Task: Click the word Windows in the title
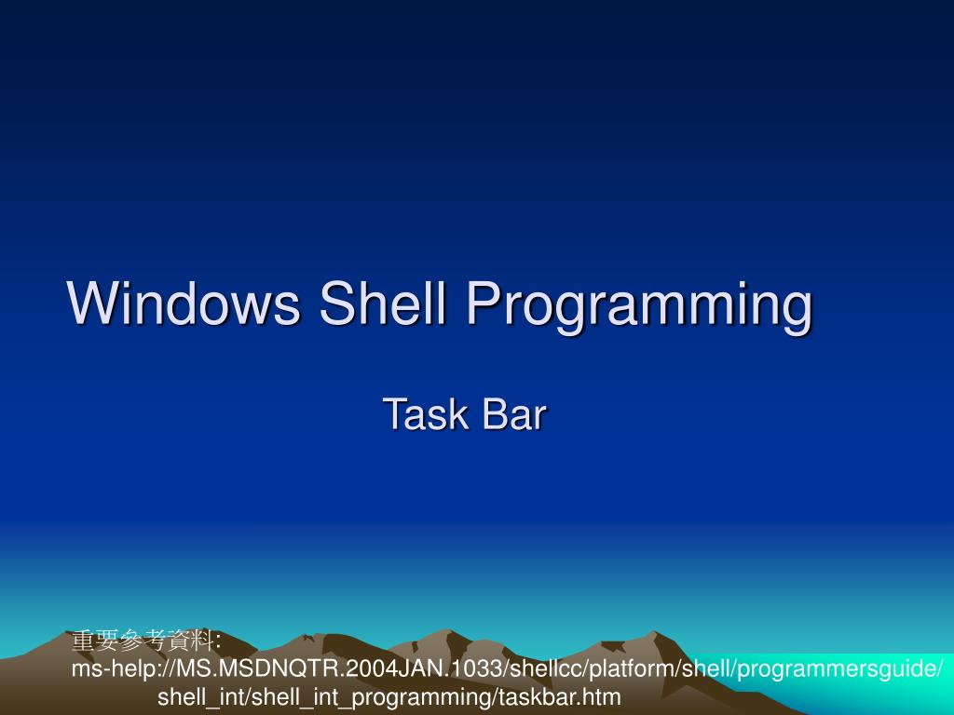coord(184,304)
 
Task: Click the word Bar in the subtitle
coord(513,414)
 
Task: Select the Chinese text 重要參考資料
coord(143,641)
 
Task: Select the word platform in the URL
coord(634,669)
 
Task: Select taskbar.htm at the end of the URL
coord(561,696)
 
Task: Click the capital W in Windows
coord(90,304)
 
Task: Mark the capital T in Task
coord(392,414)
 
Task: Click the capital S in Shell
coord(335,304)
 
